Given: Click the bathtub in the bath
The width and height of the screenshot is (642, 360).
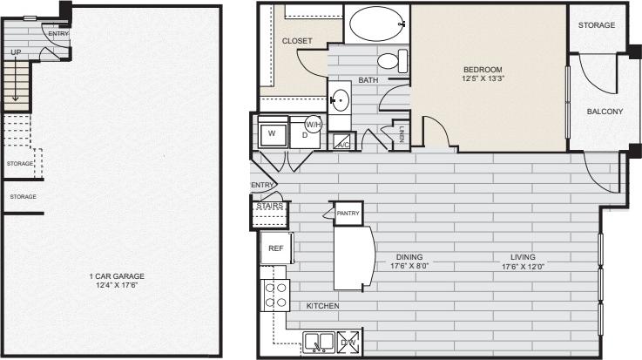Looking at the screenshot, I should tap(376, 24).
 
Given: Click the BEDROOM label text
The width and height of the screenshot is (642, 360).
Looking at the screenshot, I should tap(483, 70).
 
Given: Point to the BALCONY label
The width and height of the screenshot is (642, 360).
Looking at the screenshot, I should tap(604, 112).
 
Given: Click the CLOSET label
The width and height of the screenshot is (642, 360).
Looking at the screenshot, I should tap(297, 41).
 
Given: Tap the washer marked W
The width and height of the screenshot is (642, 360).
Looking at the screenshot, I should tap(272, 134).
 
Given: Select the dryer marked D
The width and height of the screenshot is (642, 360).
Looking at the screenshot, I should tap(305, 135).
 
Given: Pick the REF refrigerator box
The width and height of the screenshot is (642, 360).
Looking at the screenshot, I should tap(275, 248).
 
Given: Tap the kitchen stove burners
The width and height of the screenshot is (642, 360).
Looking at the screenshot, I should tap(276, 294).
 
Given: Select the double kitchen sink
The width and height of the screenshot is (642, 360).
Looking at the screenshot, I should tap(317, 341).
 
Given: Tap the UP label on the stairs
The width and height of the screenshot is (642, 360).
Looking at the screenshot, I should tap(16, 53).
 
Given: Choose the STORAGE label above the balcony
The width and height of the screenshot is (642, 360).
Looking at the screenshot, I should tap(596, 25).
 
